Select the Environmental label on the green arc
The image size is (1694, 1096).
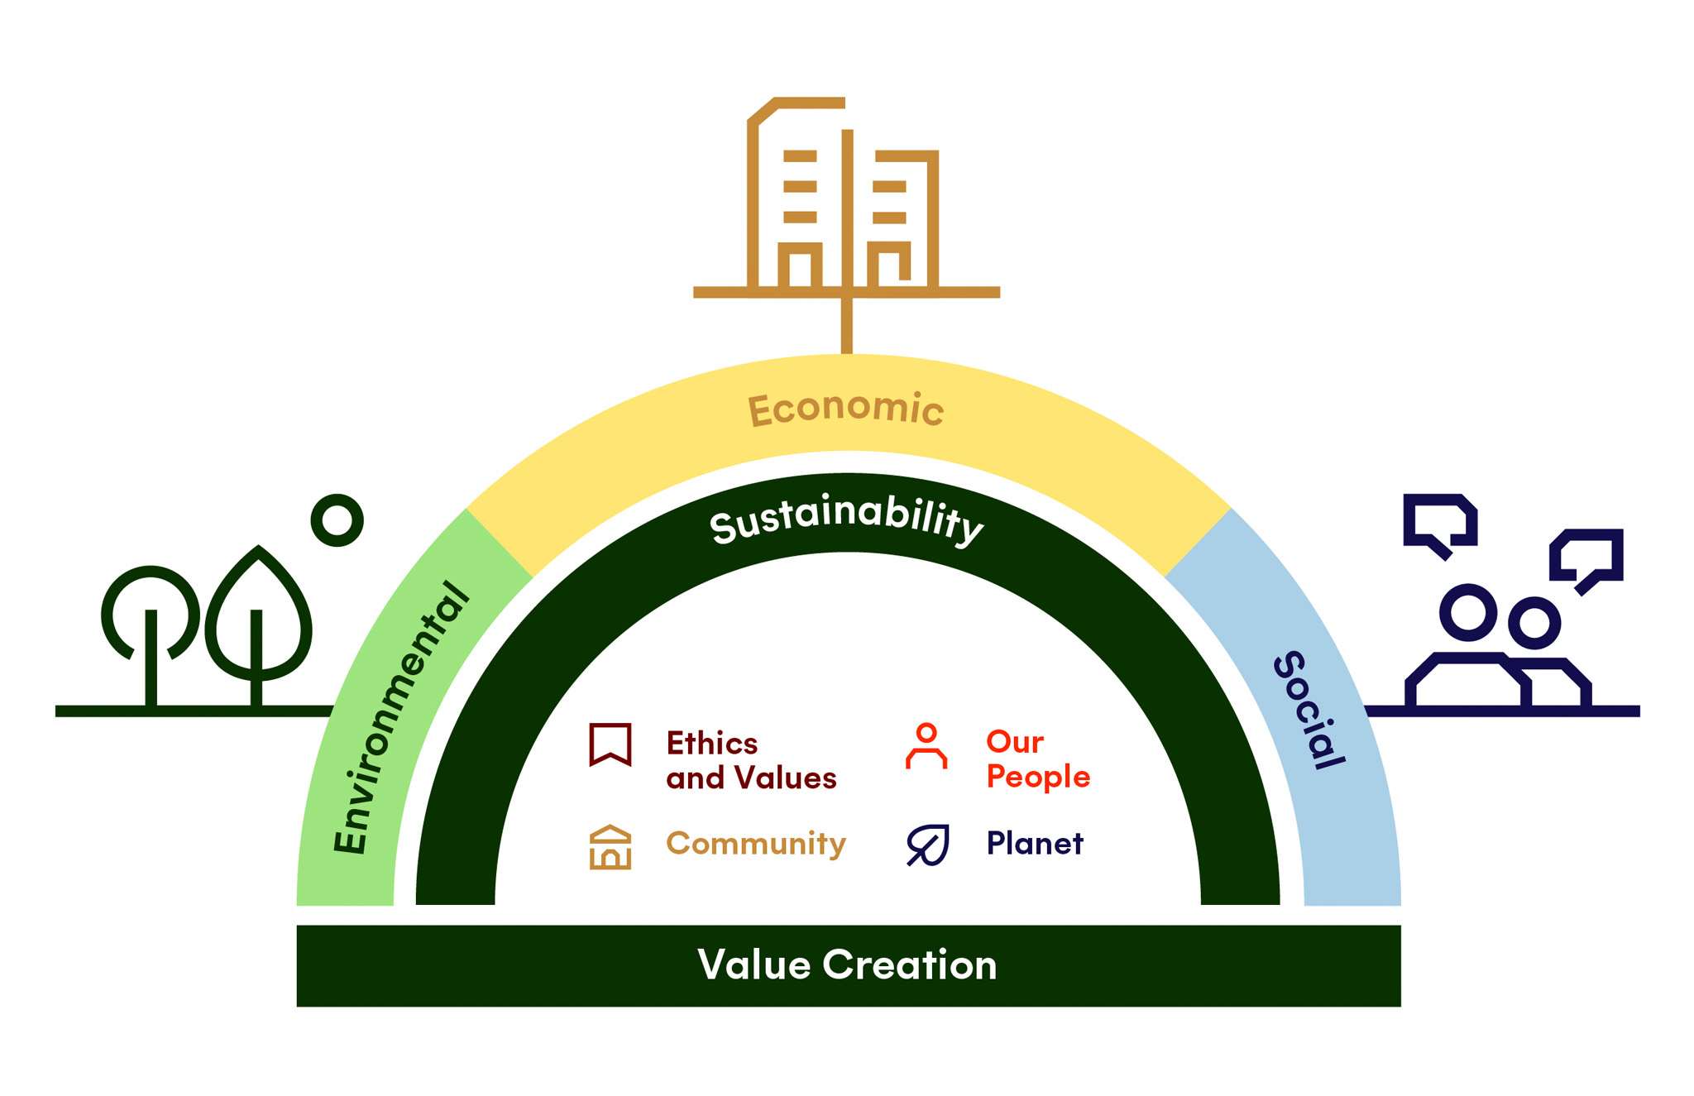click(400, 718)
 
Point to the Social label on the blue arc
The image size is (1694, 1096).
click(1309, 710)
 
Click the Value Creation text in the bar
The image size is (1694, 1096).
click(847, 964)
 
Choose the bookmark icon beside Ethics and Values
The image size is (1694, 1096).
click(610, 744)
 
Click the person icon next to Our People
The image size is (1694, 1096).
click(926, 745)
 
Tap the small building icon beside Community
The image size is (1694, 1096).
click(610, 847)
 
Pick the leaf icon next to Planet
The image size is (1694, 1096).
click(927, 845)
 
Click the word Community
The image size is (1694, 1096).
click(756, 844)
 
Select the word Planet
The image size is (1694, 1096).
click(1034, 844)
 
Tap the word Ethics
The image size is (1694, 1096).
click(712, 744)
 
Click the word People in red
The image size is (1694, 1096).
click(1038, 777)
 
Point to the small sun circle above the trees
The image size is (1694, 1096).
click(337, 520)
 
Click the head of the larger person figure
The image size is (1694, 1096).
click(1468, 613)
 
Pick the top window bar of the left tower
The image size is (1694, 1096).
click(800, 156)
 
